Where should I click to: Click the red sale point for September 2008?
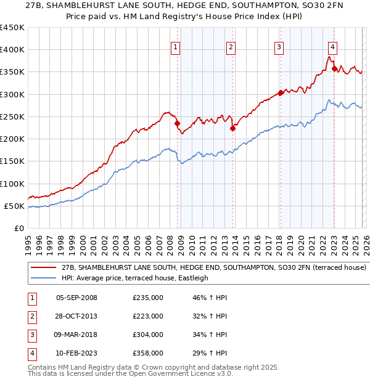(177, 123)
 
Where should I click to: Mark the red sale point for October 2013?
(232, 129)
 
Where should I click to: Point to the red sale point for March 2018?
(280, 93)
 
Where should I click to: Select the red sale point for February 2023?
(334, 68)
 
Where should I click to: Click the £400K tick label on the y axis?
(12, 50)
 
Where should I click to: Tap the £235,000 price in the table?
(148, 298)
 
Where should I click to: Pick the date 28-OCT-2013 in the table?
(76, 316)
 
